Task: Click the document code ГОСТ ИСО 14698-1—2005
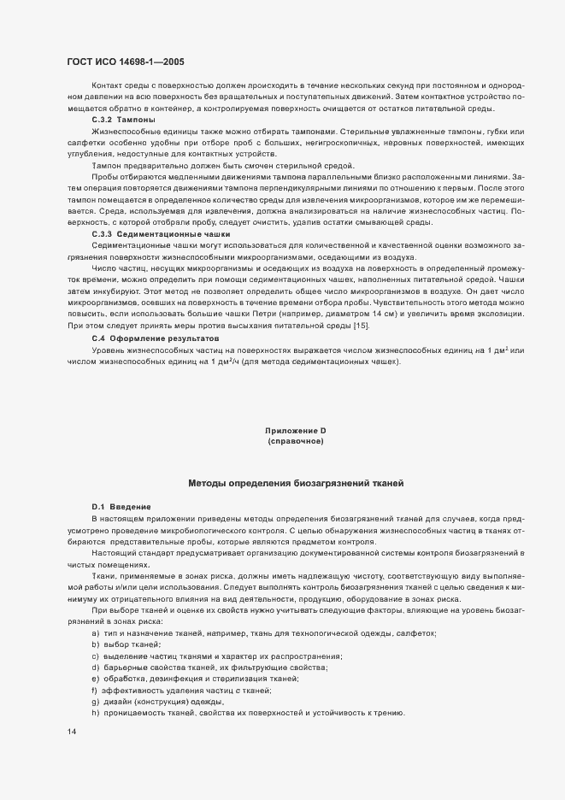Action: tap(124, 62)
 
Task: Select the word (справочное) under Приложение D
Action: tap(296, 442)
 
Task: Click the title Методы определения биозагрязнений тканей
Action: tap(296, 484)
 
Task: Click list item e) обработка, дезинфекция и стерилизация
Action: tap(195, 678)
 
